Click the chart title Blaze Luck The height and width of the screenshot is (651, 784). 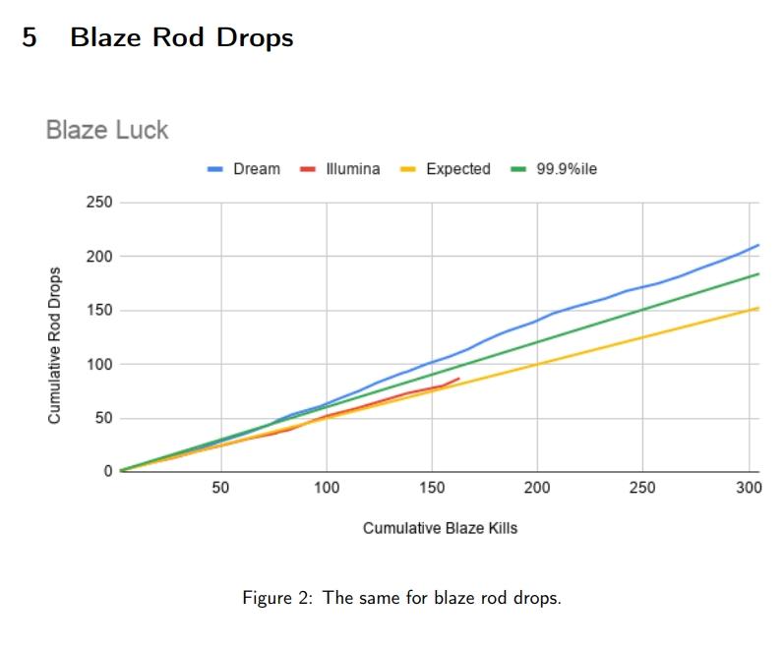(x=107, y=130)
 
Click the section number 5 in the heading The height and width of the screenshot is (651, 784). (x=30, y=37)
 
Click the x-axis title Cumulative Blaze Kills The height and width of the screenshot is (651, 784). (x=440, y=528)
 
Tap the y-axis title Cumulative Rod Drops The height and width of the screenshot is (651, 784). (x=56, y=346)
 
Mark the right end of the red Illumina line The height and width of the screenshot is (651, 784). (x=459, y=378)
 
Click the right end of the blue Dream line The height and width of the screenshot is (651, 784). (x=758, y=245)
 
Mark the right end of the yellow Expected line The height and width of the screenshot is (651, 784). (x=758, y=308)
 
